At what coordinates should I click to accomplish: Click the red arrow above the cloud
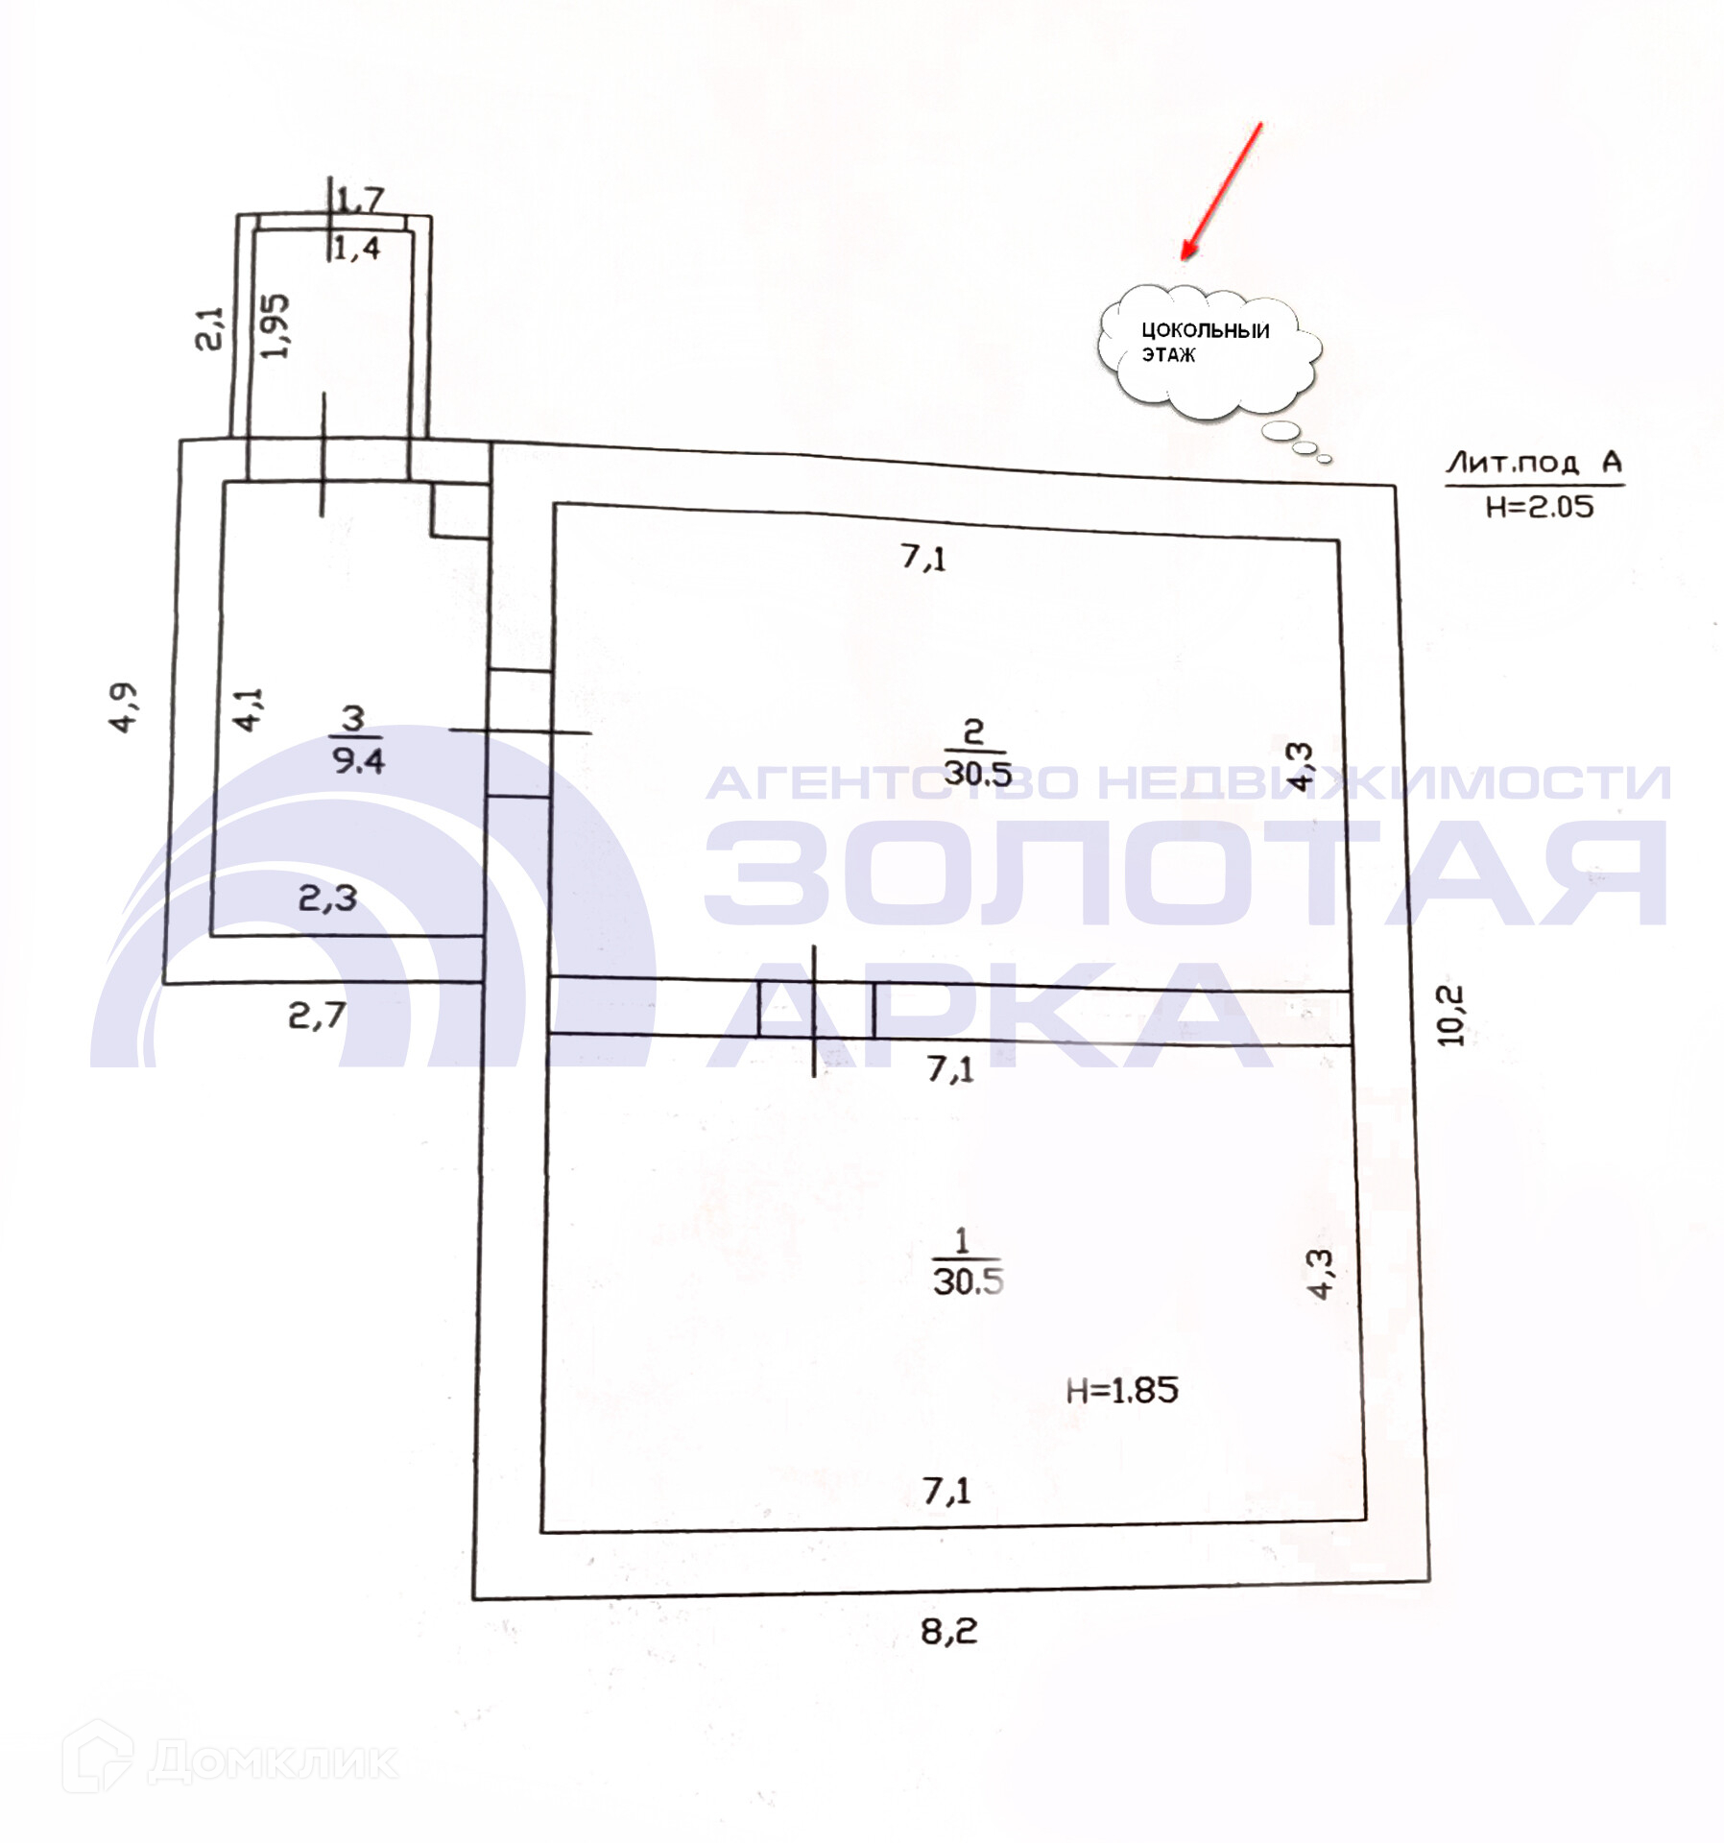(1220, 191)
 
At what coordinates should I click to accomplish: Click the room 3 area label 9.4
(358, 760)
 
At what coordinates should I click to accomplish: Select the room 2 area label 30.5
(977, 773)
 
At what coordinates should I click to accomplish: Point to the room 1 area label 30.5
(968, 1281)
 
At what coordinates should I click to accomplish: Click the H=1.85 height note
(1122, 1390)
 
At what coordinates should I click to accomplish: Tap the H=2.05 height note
(1540, 506)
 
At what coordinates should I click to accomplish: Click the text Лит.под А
(1534, 463)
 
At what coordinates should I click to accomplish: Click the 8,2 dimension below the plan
(949, 1631)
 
